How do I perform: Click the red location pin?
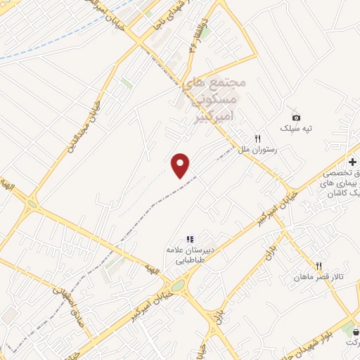(x=181, y=166)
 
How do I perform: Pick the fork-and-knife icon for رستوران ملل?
(x=257, y=139)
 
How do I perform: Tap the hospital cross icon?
(x=352, y=162)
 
